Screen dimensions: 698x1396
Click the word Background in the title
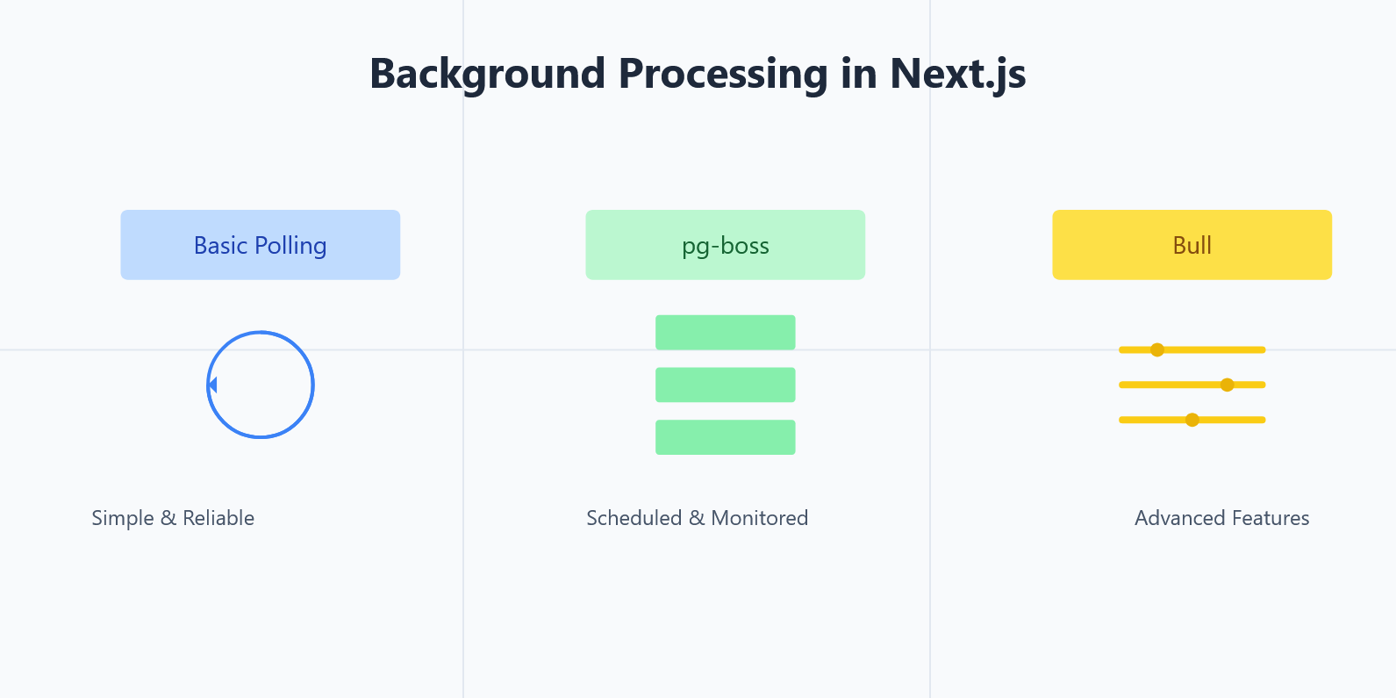coord(487,74)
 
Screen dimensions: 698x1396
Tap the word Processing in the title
coord(723,74)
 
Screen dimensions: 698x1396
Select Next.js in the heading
coord(957,74)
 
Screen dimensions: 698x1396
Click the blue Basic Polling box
coord(260,245)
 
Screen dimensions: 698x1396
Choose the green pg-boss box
coord(725,245)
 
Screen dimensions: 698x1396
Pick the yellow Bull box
coord(1192,245)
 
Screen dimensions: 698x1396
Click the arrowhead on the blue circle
coord(211,385)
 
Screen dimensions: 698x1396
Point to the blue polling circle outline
coord(313,385)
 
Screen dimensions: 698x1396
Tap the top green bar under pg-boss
coord(725,333)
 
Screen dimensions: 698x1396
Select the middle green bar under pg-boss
coord(725,385)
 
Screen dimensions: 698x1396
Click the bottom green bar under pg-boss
coord(725,437)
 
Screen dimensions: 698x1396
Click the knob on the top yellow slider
coord(1157,349)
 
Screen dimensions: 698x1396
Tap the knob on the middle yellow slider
coord(1228,385)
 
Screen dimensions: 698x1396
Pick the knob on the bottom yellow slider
coord(1192,420)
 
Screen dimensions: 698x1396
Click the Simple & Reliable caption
coord(173,518)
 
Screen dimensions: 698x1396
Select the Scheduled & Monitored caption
coord(697,518)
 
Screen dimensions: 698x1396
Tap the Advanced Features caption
coord(1221,518)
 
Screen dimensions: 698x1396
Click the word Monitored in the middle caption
coord(759,518)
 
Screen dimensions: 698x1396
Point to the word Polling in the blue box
coord(290,246)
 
